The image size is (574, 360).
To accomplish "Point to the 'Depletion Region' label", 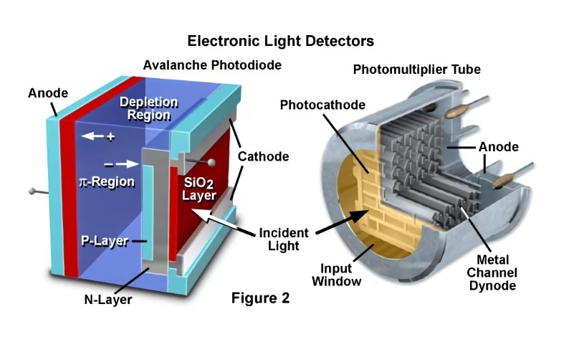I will tap(145, 108).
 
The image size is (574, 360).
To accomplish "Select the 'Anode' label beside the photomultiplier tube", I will tap(499, 147).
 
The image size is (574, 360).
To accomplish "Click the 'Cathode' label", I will tap(264, 156).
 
